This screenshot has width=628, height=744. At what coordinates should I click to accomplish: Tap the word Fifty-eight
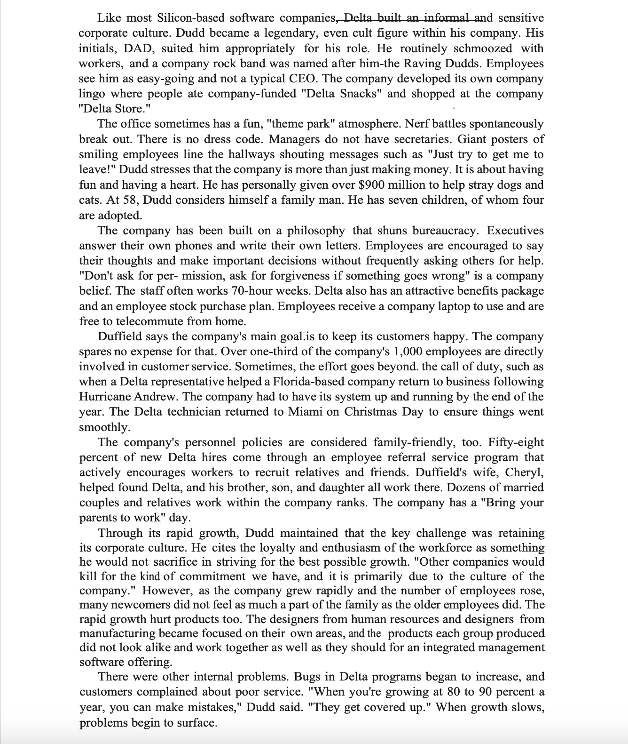(516, 442)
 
